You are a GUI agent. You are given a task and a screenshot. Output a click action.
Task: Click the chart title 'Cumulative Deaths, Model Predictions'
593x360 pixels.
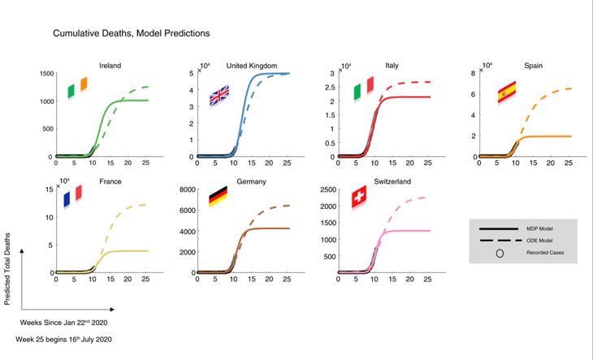point(132,33)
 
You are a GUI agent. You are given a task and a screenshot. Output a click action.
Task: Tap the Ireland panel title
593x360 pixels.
point(110,64)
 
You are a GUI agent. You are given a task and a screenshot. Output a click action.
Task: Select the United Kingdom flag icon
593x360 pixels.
point(220,96)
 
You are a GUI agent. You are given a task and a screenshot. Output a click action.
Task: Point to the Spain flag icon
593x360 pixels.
point(507,91)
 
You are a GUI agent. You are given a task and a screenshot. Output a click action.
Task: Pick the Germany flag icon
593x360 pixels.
point(218,197)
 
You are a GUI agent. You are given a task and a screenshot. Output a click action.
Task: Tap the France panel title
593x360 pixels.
point(110,181)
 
